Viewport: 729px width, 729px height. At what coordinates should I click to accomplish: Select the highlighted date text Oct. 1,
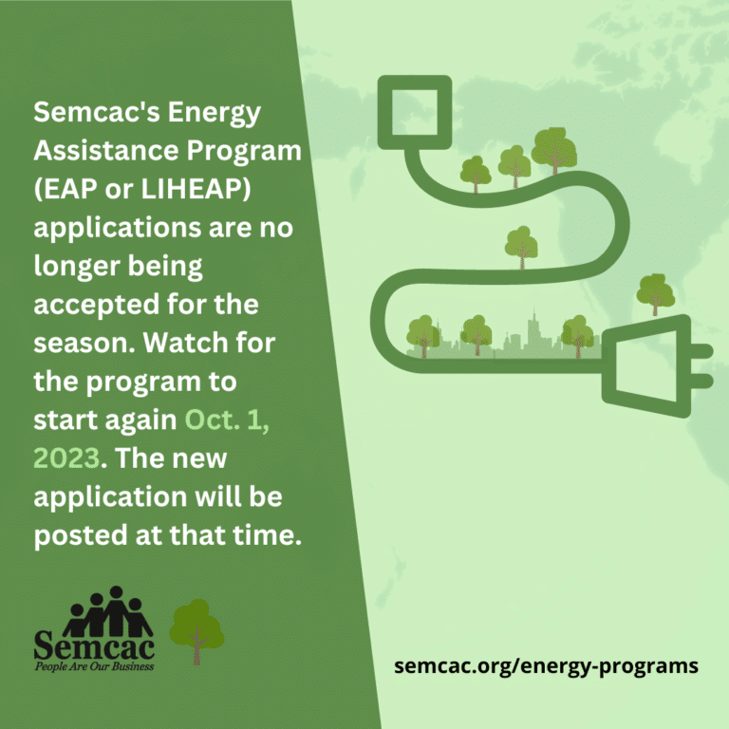click(227, 420)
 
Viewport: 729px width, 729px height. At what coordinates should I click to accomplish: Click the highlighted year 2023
click(66, 458)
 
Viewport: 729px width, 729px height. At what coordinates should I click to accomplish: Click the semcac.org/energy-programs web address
click(546, 665)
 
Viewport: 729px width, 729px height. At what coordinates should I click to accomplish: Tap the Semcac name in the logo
click(93, 646)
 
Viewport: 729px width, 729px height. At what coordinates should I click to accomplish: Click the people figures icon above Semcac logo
click(107, 612)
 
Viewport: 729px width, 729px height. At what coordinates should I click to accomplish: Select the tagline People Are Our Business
click(93, 666)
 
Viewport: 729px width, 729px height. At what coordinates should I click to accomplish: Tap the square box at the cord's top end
click(414, 112)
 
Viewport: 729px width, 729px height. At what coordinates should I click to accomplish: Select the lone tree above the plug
click(655, 292)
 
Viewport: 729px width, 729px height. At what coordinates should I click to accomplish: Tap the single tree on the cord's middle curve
click(520, 244)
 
